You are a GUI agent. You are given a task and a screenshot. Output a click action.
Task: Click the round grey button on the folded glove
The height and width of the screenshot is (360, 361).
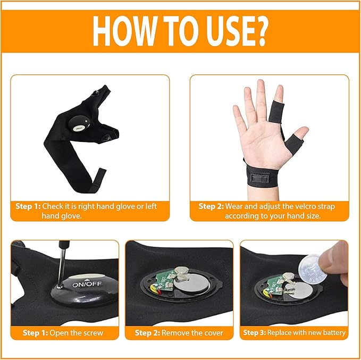80,126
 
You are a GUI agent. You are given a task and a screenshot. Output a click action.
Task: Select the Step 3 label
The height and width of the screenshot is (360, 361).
254,333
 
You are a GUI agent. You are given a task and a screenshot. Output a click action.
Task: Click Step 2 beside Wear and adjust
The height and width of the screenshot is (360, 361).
211,206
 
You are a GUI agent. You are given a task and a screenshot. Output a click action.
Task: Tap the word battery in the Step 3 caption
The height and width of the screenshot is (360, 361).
333,333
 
